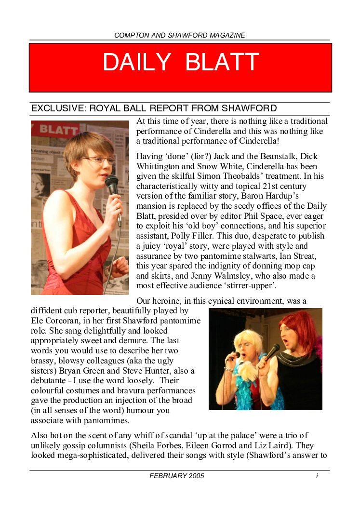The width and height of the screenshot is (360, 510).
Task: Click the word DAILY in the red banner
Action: point(137,62)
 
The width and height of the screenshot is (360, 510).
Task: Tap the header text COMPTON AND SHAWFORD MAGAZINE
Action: point(180,35)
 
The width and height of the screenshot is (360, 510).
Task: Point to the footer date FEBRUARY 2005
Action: point(177,476)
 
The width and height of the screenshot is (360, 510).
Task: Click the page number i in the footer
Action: point(317,476)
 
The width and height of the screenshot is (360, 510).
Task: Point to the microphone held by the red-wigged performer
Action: point(271,353)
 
